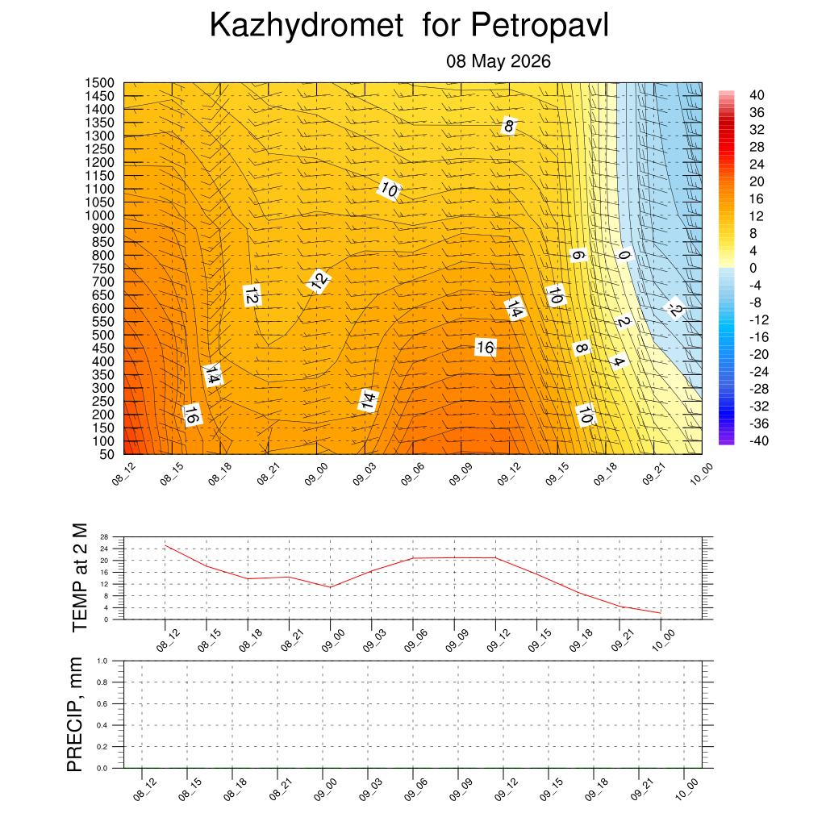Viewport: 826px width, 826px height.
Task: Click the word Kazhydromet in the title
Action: click(x=307, y=25)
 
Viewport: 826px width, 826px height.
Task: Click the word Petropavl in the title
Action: click(x=540, y=25)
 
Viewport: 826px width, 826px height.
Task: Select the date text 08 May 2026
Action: click(x=499, y=61)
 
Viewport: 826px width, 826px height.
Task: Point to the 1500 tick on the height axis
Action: click(x=99, y=83)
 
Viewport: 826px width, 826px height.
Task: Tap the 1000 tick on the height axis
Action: click(x=99, y=215)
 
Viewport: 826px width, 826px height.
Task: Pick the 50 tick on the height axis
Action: click(x=107, y=454)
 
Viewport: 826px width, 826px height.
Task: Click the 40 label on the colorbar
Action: click(x=757, y=95)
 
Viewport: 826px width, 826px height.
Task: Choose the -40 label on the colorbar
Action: click(x=758, y=441)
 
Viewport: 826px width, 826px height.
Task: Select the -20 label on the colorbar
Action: click(x=758, y=355)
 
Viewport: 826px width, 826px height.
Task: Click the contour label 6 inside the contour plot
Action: click(x=578, y=256)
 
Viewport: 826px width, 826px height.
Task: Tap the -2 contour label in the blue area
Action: click(x=674, y=308)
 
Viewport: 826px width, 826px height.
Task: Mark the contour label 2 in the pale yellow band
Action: click(x=624, y=321)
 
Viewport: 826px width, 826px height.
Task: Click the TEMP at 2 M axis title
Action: click(x=80, y=578)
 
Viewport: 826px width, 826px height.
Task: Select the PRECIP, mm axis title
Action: click(x=75, y=715)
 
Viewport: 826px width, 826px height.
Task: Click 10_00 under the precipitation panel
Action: click(x=686, y=790)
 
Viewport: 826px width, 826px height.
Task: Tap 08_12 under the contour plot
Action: click(x=123, y=473)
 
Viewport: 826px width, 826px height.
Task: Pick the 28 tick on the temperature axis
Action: click(x=104, y=536)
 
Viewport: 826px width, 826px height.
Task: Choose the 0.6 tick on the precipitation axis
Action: click(x=102, y=703)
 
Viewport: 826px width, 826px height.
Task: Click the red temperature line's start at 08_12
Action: click(x=165, y=545)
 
